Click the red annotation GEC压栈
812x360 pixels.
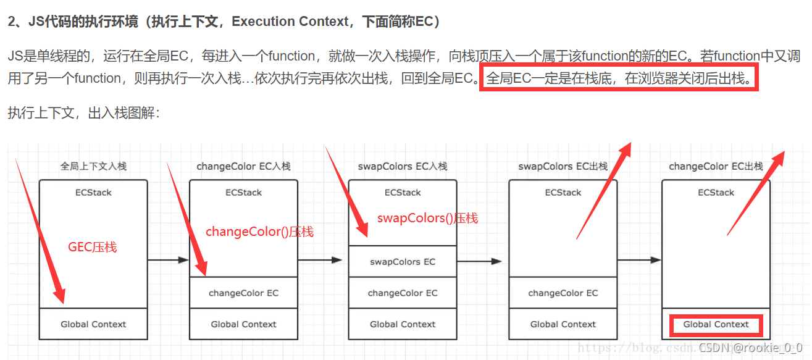tap(92, 247)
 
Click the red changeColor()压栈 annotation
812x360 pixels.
tap(259, 232)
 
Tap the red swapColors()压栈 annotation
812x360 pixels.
tap(427, 219)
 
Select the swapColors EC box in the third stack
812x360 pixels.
tap(403, 262)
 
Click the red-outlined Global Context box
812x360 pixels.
tap(716, 325)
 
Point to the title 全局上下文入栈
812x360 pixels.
tap(93, 166)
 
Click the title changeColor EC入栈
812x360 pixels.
tap(243, 166)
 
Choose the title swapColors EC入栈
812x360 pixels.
tap(403, 166)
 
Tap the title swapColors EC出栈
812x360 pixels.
tap(563, 166)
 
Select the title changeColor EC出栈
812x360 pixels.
tap(716, 166)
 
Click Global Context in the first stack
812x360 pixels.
tap(93, 324)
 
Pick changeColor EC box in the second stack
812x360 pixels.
tap(243, 293)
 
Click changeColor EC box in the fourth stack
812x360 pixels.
tap(563, 293)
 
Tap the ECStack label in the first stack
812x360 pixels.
tap(93, 193)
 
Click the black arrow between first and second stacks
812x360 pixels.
tap(168, 260)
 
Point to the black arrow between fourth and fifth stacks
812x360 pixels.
tap(639, 260)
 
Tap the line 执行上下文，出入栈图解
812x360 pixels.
tap(84, 113)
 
